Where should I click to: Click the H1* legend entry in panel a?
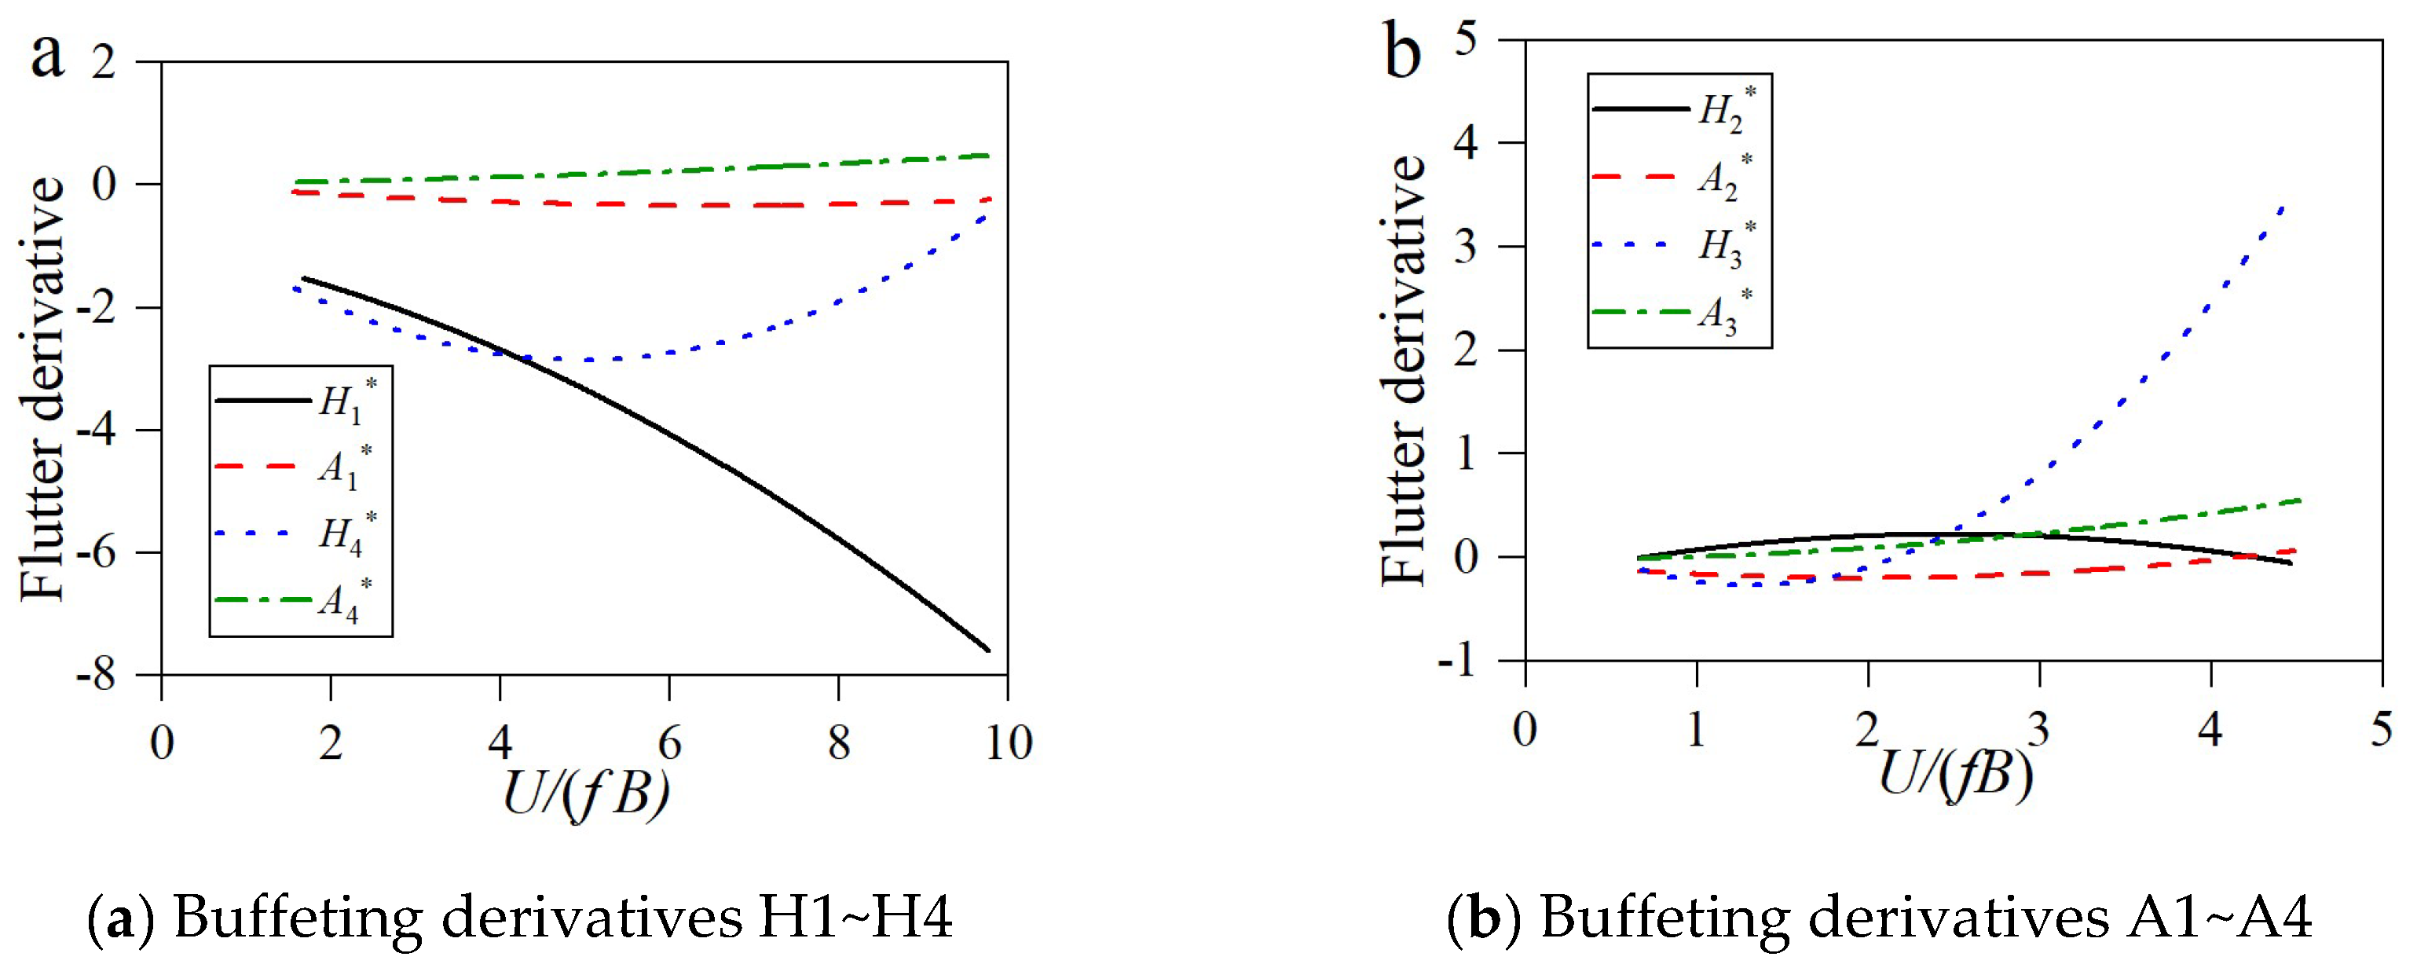[x=346, y=401]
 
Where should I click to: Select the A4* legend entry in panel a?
[x=346, y=599]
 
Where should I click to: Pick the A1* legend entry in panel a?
[x=346, y=467]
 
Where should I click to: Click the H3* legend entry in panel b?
[x=1724, y=245]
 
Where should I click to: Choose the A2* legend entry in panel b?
[x=1724, y=177]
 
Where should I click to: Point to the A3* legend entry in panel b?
[x=1724, y=313]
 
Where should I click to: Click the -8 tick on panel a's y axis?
[x=97, y=675]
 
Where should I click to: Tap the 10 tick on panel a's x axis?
[x=1009, y=743]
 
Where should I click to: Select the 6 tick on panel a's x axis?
[x=669, y=743]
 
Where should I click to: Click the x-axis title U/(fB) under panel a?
[x=587, y=793]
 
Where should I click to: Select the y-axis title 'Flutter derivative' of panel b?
[x=1404, y=371]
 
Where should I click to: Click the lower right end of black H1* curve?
[x=987, y=650]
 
